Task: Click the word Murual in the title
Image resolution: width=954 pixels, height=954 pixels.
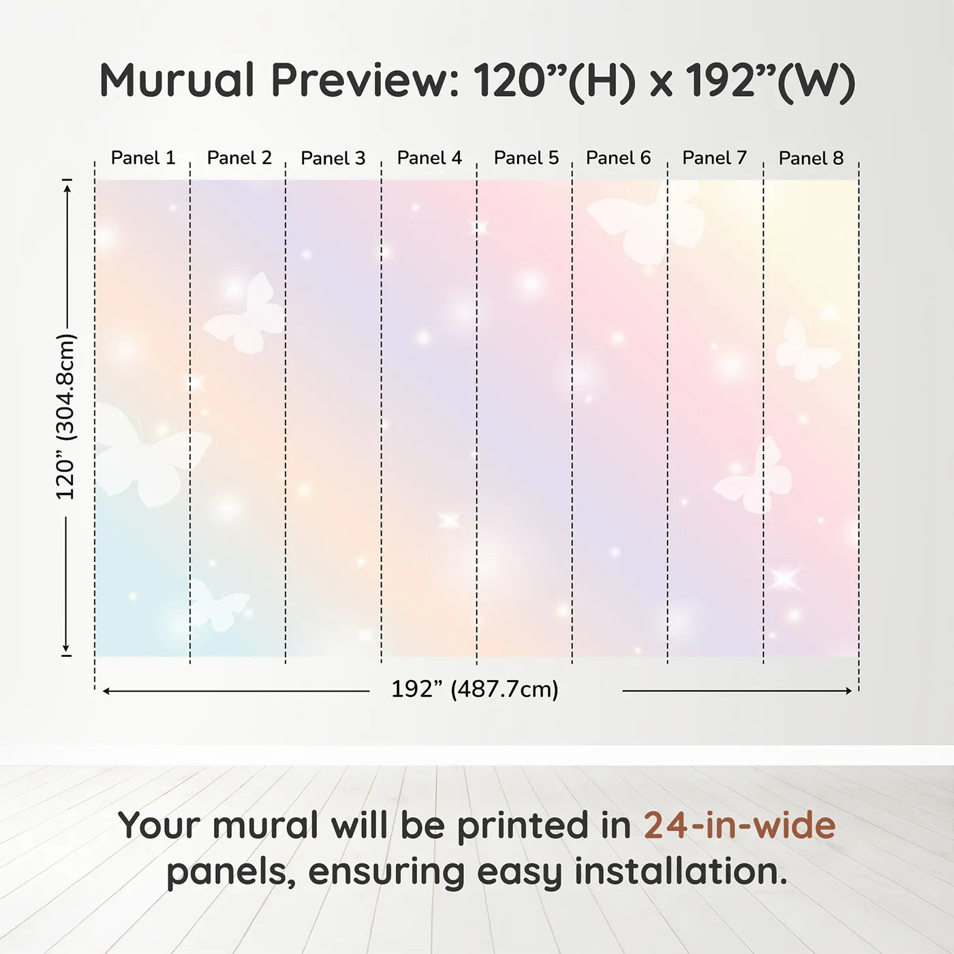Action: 177,80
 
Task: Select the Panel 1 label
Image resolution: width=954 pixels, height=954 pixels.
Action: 143,158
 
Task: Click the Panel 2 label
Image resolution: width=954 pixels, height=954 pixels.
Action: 239,158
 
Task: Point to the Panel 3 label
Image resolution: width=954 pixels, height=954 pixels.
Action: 333,158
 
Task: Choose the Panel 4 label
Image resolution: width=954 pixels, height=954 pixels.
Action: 429,158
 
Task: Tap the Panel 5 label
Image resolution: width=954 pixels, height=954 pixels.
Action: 526,158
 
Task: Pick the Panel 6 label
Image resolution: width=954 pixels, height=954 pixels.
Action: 618,158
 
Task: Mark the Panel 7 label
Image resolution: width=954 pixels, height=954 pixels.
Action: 714,158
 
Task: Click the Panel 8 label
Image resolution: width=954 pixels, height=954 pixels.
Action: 811,158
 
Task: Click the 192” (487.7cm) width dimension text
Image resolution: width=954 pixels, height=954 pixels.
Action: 475,689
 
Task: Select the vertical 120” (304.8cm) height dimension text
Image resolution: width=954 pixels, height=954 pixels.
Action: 66,416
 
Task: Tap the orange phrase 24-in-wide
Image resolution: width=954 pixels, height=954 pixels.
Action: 739,825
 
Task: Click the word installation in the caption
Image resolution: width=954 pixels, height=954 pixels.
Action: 680,872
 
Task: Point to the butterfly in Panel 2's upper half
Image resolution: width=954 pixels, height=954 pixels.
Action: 245,313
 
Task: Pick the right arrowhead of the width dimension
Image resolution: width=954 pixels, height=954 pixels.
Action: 848,690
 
